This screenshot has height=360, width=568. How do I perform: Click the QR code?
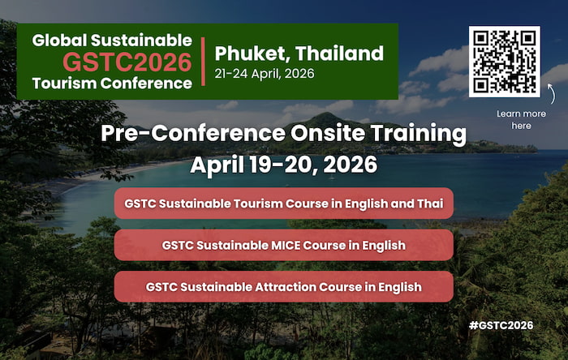[x=504, y=62]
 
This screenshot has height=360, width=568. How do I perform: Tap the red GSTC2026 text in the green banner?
[x=127, y=62]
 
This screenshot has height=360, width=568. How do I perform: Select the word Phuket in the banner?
[x=252, y=54]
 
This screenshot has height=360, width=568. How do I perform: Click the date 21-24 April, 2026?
[x=265, y=74]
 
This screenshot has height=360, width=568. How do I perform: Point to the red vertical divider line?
[x=203, y=62]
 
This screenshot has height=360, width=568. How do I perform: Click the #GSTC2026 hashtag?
[x=501, y=325]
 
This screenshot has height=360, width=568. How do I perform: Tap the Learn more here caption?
[x=521, y=120]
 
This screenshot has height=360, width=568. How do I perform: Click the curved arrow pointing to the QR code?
[x=551, y=94]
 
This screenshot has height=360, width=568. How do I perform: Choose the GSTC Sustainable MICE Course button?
[x=284, y=245]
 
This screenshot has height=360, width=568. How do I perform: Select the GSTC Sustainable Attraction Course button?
[x=284, y=286]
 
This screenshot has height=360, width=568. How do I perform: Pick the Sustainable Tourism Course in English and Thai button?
[x=284, y=204]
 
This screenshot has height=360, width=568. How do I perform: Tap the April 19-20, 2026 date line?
[x=284, y=165]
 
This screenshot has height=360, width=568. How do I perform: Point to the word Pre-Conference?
[x=193, y=133]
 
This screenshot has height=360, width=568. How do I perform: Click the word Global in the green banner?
[x=59, y=41]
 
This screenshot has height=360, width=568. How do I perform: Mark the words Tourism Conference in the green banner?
[x=112, y=84]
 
